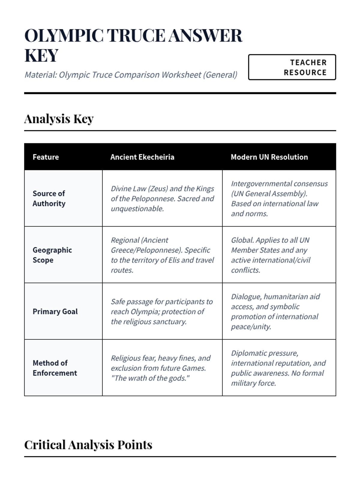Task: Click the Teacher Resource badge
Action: (292, 67)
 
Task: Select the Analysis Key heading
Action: (59, 119)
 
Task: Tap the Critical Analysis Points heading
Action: (88, 445)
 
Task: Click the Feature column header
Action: (46, 157)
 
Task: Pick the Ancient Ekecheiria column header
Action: (142, 157)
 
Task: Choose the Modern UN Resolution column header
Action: (269, 157)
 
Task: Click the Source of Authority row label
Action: (49, 198)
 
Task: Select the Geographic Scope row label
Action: (52, 255)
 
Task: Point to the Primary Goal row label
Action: (55, 311)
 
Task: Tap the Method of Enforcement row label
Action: (55, 368)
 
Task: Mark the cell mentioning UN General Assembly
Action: (279, 198)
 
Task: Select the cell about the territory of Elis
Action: (162, 255)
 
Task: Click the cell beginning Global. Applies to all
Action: (279, 255)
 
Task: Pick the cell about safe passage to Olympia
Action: (162, 311)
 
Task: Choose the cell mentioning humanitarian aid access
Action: (279, 311)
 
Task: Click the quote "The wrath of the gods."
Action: (150, 378)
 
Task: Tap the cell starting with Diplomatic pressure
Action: (279, 368)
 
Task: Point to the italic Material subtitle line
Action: (131, 75)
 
